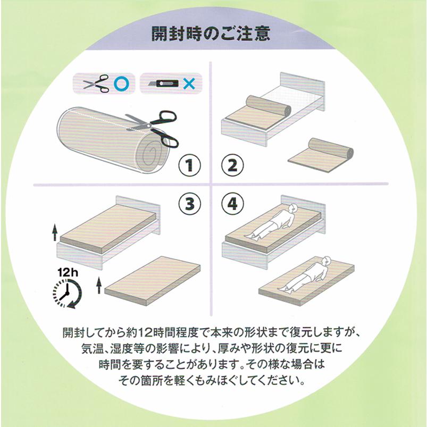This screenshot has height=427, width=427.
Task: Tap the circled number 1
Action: [189, 166]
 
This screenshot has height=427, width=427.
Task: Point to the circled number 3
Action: [189, 204]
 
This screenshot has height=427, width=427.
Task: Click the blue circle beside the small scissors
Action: [121, 83]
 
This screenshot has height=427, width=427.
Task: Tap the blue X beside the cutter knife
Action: [188, 83]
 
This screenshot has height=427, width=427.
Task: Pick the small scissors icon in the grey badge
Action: [96, 83]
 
